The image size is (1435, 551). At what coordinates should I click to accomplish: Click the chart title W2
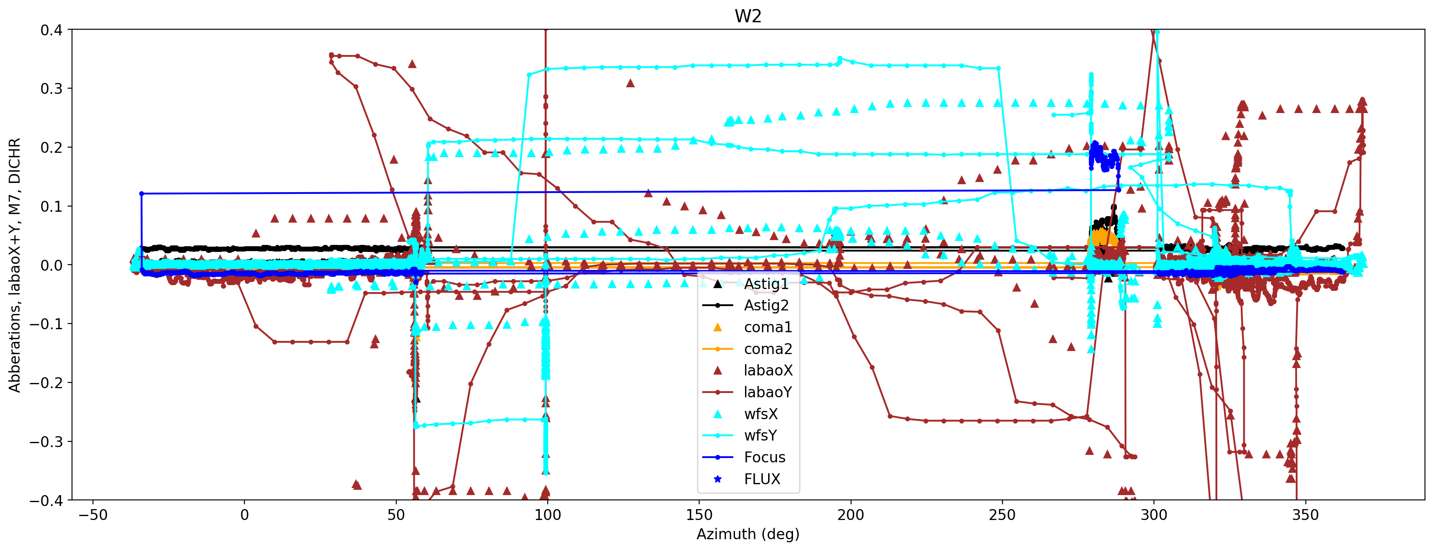tap(748, 16)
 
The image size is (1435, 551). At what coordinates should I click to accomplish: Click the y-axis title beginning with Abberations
tap(14, 265)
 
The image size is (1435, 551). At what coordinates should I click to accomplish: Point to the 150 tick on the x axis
tap(699, 515)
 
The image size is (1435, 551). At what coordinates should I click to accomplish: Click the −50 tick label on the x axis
tap(93, 515)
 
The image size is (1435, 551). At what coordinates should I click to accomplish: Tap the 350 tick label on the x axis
tap(1305, 515)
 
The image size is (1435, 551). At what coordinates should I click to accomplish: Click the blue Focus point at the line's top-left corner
tap(141, 194)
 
